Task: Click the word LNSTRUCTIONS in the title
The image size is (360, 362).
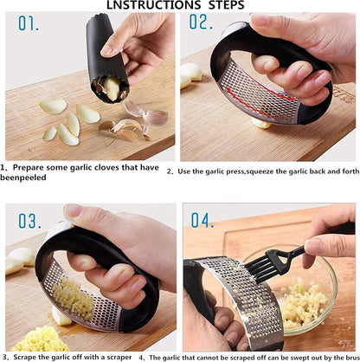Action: click(x=153, y=5)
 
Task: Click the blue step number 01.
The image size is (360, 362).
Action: click(x=29, y=23)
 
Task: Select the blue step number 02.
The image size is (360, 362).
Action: click(x=201, y=22)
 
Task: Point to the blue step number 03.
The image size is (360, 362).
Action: click(x=29, y=222)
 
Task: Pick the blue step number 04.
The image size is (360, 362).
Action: click(x=202, y=220)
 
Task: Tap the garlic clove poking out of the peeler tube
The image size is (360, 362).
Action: click(x=112, y=88)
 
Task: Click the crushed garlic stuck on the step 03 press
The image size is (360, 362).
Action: click(x=73, y=296)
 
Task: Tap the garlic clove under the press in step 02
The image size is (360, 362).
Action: click(x=261, y=123)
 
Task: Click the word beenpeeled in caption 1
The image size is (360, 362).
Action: click(x=23, y=178)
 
